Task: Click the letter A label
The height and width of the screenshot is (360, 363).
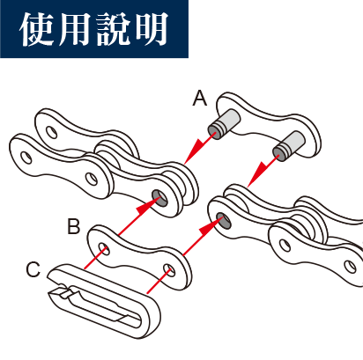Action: coord(200,99)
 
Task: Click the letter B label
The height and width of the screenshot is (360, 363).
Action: coord(74,226)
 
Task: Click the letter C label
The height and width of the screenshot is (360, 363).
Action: coord(33,269)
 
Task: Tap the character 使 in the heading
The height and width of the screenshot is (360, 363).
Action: coord(37,29)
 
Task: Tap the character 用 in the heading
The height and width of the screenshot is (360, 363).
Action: coord(75,29)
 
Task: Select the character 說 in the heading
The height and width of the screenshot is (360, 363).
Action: coord(114,29)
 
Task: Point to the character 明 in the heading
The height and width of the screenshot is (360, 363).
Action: coord(152,29)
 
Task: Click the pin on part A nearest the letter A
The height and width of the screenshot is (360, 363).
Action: coord(224,124)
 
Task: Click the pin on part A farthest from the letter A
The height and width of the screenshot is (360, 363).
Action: coord(289,146)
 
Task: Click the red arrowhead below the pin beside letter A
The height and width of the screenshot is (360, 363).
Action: coord(201,143)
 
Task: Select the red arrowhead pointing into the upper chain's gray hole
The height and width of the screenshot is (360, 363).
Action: coord(144,207)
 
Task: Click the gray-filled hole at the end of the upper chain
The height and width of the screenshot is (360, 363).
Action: coord(159,198)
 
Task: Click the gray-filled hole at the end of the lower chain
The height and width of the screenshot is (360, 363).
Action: coord(224,221)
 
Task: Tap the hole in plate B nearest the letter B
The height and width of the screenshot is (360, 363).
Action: coord(104,249)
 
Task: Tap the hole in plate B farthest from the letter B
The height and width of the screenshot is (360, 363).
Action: coord(169,270)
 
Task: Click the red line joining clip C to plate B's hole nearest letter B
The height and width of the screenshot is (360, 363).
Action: coord(95,258)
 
